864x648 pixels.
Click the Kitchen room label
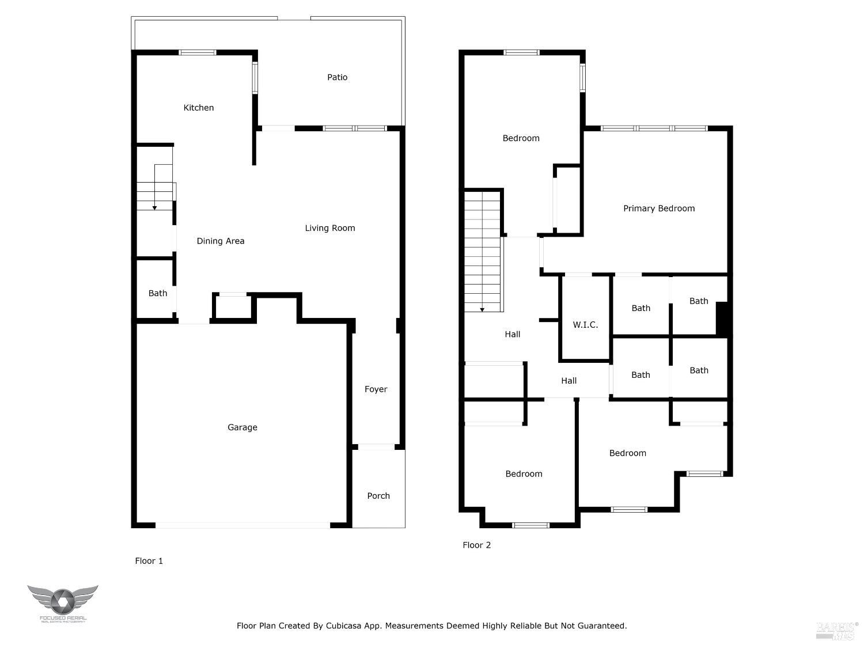click(x=198, y=108)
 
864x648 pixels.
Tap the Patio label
click(x=337, y=77)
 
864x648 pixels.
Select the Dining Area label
click(x=220, y=241)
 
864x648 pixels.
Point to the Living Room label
click(x=329, y=228)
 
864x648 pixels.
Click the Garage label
click(x=242, y=427)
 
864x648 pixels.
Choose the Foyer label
click(x=376, y=389)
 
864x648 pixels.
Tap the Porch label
click(x=378, y=496)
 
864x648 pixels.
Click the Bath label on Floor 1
click(x=157, y=293)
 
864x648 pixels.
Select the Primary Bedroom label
click(x=658, y=209)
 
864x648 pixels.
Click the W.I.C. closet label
click(x=585, y=325)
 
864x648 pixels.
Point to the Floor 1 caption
click(x=149, y=561)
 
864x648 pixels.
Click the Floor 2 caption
click(x=476, y=545)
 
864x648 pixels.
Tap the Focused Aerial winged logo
click(x=62, y=601)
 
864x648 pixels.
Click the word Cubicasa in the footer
click(x=344, y=626)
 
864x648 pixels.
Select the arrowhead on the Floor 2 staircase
click(x=482, y=309)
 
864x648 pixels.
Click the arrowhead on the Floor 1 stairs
click(x=154, y=207)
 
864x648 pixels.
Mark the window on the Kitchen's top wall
click(x=198, y=52)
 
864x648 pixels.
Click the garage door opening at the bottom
click(x=242, y=525)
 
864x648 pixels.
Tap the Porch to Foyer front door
click(x=376, y=447)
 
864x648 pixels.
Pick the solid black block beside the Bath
click(x=722, y=319)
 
